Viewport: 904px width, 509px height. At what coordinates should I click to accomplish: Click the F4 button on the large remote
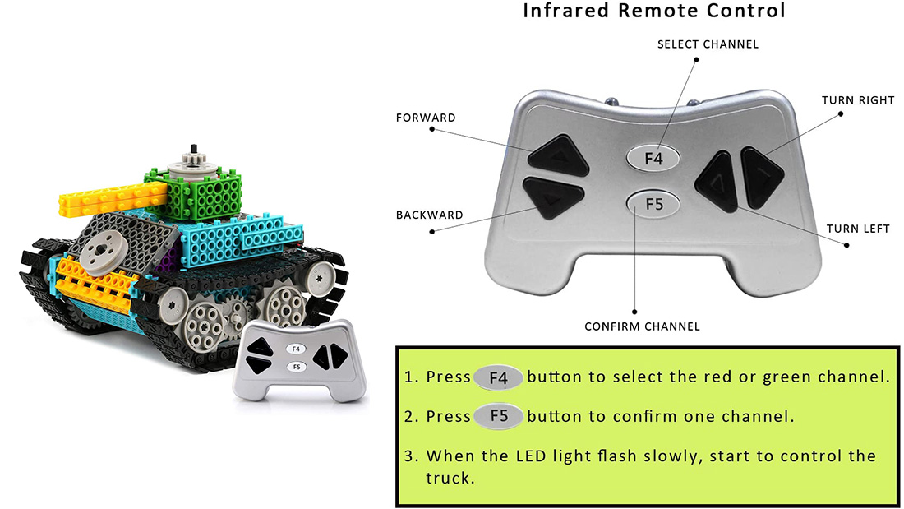point(653,158)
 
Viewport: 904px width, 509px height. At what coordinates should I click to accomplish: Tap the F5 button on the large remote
point(653,204)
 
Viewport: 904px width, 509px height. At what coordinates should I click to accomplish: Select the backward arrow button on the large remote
point(552,197)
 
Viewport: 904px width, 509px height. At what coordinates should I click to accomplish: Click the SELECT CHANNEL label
point(708,44)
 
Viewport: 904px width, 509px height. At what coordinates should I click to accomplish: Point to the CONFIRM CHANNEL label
point(642,326)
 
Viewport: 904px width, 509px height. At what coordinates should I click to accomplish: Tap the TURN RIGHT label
point(858,100)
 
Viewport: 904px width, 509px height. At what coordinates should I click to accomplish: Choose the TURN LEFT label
point(858,229)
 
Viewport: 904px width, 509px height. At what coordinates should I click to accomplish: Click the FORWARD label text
point(426,118)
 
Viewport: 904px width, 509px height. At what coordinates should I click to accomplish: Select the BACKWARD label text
point(429,215)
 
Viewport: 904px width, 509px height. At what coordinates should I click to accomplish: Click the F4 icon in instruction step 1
point(498,377)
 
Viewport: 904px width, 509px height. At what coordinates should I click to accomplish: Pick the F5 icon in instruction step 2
point(498,416)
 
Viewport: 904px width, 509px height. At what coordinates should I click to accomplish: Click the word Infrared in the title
point(565,11)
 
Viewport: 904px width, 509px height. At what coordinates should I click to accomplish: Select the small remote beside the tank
point(298,360)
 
